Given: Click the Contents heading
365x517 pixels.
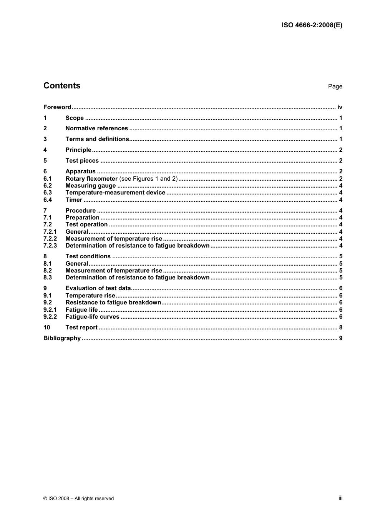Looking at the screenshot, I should (62, 86).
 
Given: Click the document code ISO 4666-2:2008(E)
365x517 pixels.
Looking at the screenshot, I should (312, 25).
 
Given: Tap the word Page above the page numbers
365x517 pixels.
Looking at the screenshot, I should (335, 86).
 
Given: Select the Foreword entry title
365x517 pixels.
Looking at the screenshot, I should (57, 107).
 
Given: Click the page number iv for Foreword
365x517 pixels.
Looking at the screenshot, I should (340, 107).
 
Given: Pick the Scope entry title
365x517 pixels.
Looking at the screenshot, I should (75, 118).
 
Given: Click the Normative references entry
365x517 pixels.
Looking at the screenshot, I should (96, 128).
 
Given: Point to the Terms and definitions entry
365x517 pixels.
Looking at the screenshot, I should (97, 139).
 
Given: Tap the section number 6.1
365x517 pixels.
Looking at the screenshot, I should (48, 179).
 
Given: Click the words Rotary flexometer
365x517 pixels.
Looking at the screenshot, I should (91, 179).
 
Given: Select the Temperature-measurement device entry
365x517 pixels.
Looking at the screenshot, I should (115, 193).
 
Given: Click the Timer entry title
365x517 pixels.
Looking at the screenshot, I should (74, 200).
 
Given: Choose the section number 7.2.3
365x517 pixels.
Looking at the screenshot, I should (50, 246).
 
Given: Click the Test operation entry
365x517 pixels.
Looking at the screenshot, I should (86, 224).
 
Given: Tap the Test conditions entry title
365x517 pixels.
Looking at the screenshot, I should (88, 256).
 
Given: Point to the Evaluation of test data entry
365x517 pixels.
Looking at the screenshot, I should (98, 288).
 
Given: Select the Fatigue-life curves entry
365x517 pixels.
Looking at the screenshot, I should (92, 317).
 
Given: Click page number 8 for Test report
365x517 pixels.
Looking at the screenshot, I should (340, 327).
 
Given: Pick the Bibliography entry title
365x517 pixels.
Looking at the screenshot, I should (62, 338).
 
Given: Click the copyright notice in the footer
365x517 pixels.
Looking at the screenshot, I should (79, 499).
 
